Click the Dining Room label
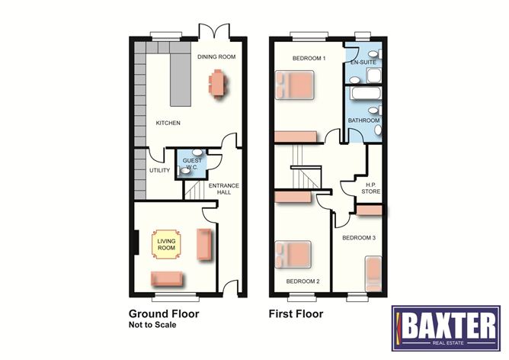pos(216,56)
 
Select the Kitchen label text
pos(168,123)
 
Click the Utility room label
pos(159,170)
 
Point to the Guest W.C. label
pos(193,163)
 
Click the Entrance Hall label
pos(225,189)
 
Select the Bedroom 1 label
pos(309,59)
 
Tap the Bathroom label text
pos(363,121)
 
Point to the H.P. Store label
pos(371,187)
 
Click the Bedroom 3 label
pos(358,238)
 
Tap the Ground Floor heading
pos(164,313)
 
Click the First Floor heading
pos(296,313)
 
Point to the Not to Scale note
pos(152,325)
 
